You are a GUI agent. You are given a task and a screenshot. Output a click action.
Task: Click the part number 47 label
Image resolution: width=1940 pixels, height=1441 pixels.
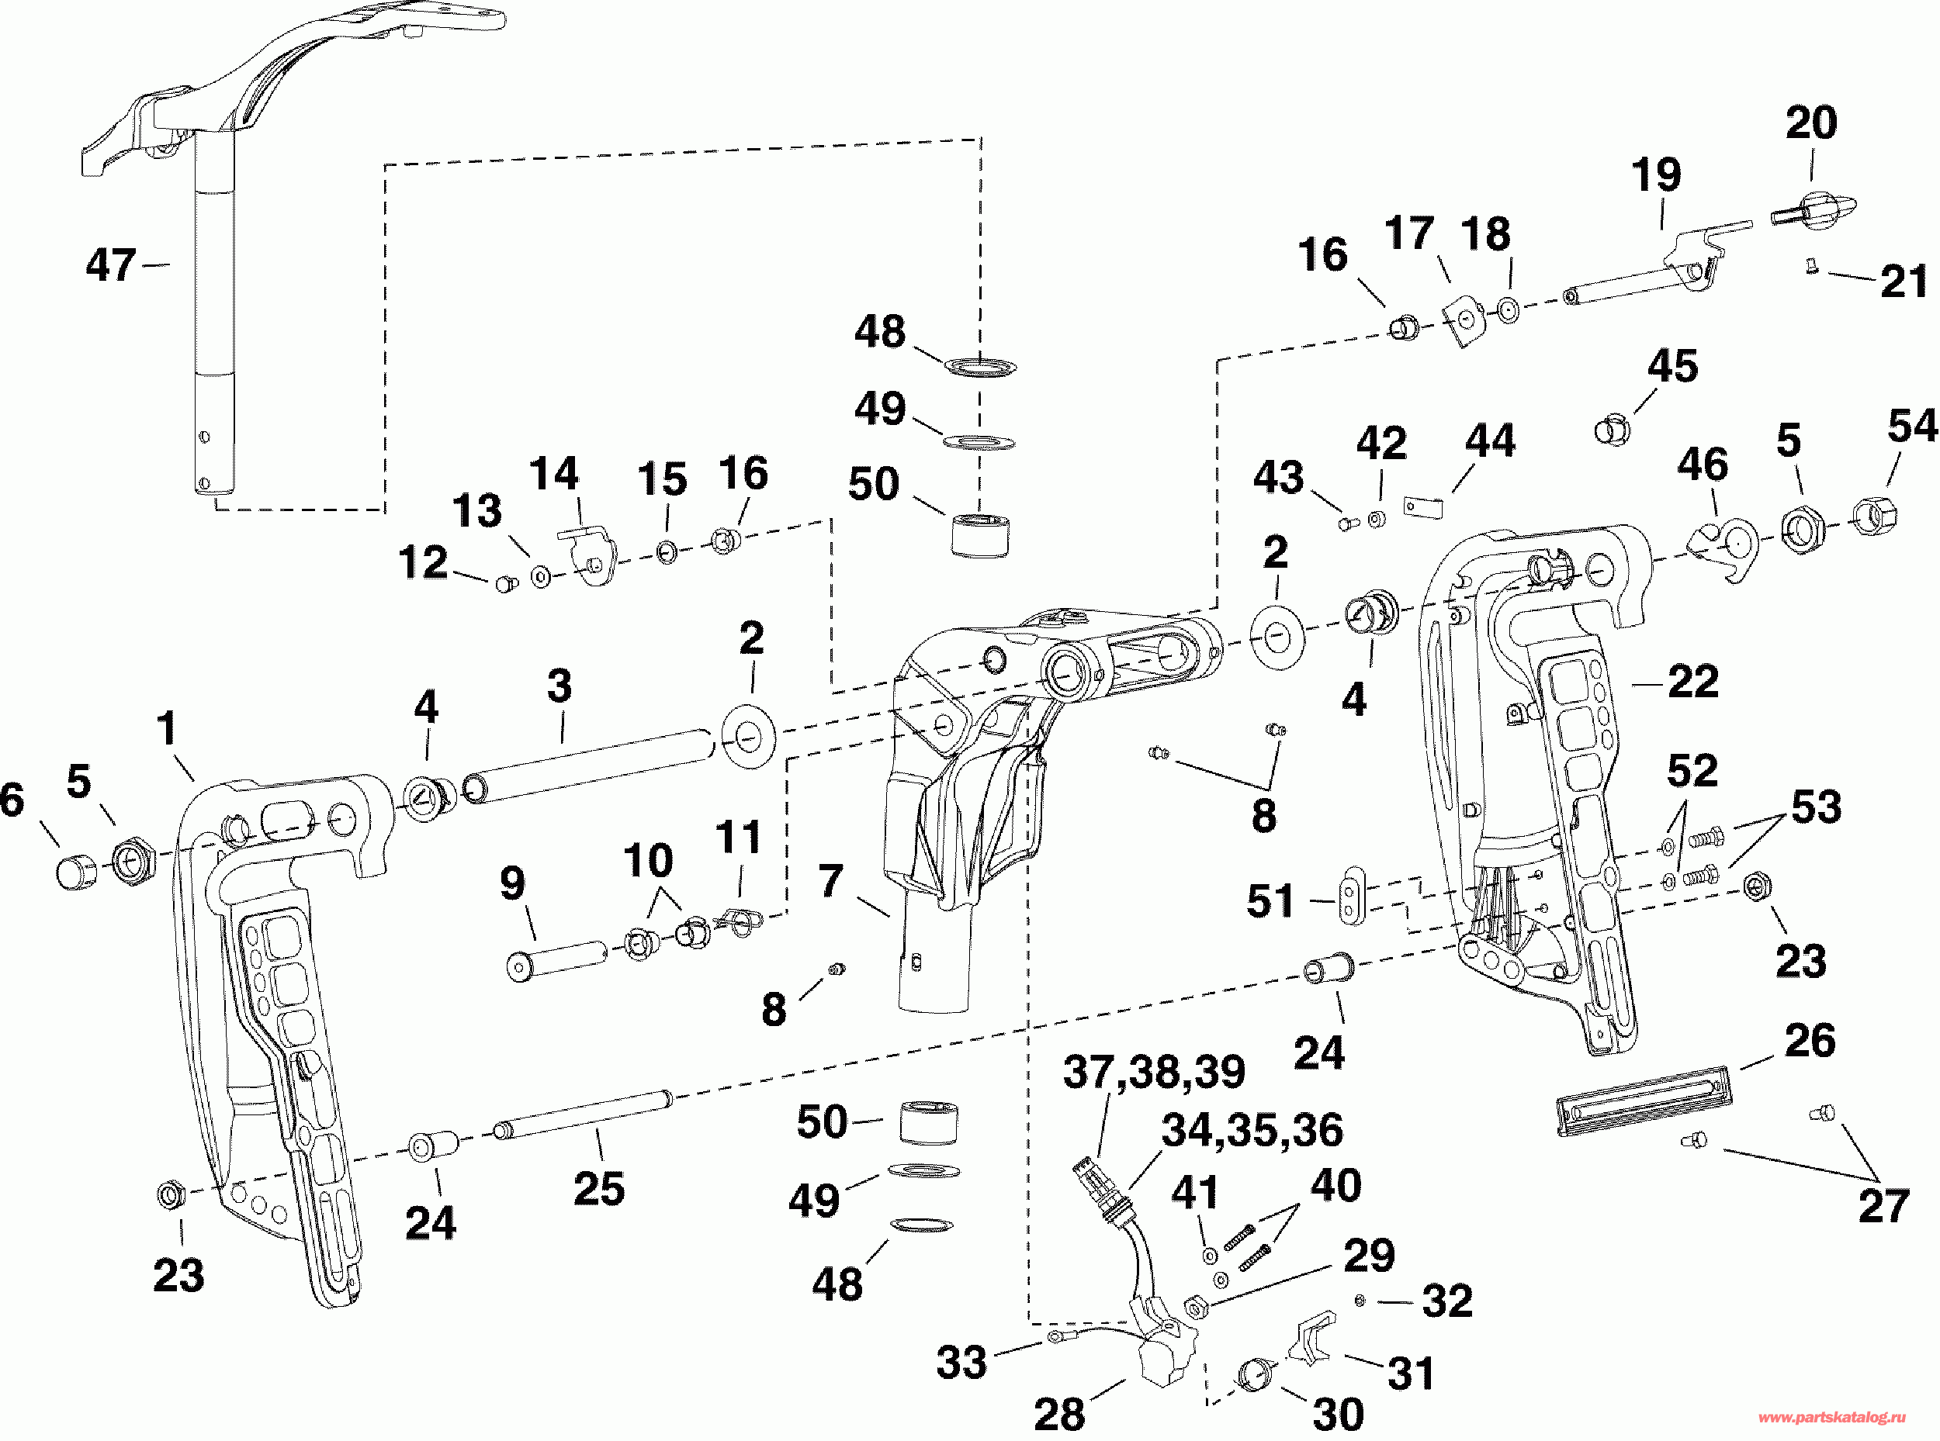coord(111,264)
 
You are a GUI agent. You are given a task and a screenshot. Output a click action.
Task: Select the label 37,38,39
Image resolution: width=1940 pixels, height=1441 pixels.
coord(1154,1072)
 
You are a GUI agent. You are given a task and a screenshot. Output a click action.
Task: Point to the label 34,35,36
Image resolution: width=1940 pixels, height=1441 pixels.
coord(1252,1131)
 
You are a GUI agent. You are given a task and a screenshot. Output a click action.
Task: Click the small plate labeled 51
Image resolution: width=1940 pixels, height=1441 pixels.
coord(1352,895)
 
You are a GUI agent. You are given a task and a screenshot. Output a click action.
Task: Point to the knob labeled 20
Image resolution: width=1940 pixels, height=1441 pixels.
coord(1814,207)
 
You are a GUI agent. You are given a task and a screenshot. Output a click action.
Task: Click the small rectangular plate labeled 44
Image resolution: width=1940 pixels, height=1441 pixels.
coord(1422,506)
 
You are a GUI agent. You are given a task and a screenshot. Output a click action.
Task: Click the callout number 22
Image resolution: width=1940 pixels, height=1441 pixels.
coord(1693,680)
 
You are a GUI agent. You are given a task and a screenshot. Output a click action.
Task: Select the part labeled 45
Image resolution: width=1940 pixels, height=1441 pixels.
coord(1613,430)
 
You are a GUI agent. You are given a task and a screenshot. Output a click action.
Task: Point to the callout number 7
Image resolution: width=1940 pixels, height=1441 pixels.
coord(831,881)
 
